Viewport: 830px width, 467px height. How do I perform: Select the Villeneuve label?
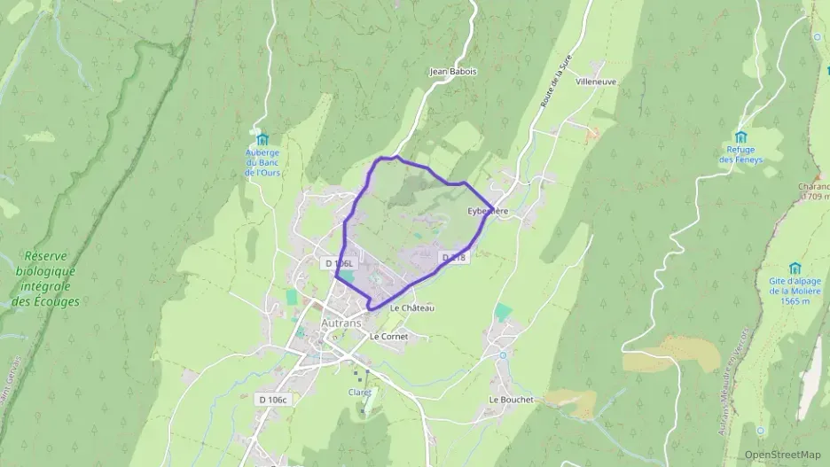(x=596, y=81)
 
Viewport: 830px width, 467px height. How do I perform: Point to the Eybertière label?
(x=488, y=211)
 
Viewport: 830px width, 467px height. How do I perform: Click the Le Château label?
(x=412, y=307)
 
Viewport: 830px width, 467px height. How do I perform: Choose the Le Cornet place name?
(x=388, y=337)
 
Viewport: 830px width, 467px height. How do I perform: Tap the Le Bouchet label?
(x=512, y=400)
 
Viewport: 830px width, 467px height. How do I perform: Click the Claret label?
(x=360, y=392)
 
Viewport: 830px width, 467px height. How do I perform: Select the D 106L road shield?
(x=339, y=263)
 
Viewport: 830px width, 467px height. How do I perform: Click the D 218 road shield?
(x=453, y=257)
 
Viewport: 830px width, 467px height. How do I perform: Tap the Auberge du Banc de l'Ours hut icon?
(x=262, y=139)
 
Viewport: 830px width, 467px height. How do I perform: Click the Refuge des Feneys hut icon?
(x=741, y=137)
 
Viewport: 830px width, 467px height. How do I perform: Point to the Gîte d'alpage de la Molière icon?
(x=795, y=268)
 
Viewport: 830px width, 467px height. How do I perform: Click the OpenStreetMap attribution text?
(x=782, y=455)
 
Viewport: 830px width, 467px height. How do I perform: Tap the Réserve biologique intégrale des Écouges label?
(x=45, y=279)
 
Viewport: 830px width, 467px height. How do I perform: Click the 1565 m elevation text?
(x=790, y=301)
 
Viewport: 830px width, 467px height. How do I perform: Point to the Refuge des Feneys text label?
(x=740, y=155)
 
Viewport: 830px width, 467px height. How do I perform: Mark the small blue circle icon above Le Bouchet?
(x=503, y=355)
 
